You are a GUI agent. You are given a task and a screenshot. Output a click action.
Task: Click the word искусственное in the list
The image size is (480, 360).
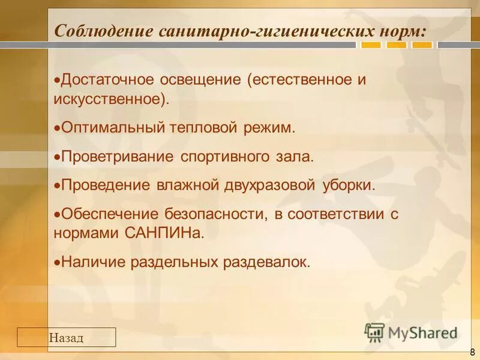tap(109, 98)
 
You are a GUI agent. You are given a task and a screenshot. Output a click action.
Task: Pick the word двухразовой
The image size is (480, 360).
tap(265, 185)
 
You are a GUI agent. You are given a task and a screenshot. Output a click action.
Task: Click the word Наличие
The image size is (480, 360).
tap(91, 262)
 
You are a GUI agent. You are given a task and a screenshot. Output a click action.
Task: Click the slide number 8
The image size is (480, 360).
tap(472, 352)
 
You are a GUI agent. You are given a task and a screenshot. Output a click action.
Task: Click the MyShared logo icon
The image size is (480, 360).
tap(374, 331)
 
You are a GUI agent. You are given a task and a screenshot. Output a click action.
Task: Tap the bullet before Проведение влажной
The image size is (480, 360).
tap(57, 185)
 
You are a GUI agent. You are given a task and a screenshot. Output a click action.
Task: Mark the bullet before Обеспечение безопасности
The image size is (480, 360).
tap(57, 214)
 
